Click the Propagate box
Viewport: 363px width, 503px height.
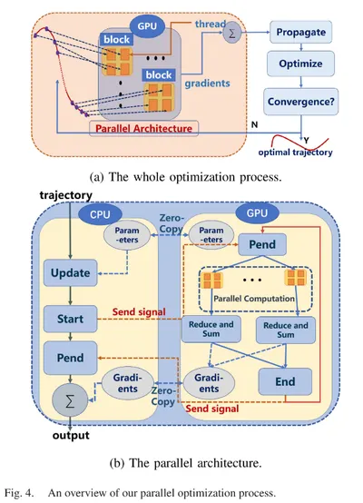coord(300,32)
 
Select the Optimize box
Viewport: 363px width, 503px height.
coord(300,64)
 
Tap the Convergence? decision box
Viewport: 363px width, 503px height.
coord(300,102)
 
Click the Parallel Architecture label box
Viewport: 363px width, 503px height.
coord(143,128)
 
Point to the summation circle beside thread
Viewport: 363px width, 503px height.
coord(231,34)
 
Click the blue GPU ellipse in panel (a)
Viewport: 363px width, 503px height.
coord(147,26)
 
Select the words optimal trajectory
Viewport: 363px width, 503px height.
coord(295,152)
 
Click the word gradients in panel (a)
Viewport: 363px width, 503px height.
coord(207,84)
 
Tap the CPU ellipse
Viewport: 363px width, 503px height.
coord(100,214)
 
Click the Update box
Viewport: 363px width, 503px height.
coord(71,273)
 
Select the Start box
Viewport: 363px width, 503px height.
coord(70,319)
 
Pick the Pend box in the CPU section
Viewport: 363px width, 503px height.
coord(70,358)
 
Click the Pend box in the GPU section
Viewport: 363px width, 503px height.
coord(262,244)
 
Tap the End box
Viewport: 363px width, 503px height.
coord(285,381)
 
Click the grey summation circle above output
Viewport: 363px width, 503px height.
coord(70,401)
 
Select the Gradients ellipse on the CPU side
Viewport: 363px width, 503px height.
coord(128,383)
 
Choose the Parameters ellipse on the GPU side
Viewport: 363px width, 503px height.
coord(211,235)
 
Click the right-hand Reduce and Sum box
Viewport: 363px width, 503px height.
coord(286,330)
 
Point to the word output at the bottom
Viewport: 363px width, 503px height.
coord(71,435)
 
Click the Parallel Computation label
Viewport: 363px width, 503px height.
coord(254,299)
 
